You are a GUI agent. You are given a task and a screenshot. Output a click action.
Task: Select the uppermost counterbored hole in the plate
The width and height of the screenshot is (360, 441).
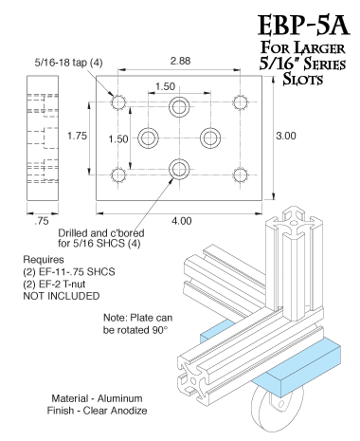click(x=178, y=104)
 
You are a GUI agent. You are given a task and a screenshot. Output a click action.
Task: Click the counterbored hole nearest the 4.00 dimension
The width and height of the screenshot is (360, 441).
click(x=178, y=170)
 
